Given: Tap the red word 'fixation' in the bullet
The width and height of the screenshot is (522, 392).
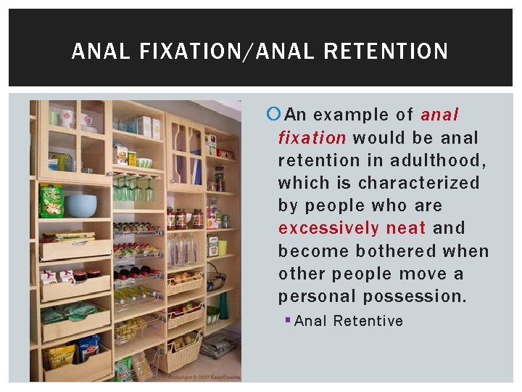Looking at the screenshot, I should click(312, 137).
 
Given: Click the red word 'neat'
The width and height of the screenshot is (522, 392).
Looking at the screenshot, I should click(406, 228).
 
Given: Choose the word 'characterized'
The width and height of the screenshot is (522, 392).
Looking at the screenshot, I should click(419, 183).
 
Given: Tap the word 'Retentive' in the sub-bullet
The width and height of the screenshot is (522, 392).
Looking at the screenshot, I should click(368, 321).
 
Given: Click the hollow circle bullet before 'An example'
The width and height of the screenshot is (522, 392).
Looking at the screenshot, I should click(273, 115).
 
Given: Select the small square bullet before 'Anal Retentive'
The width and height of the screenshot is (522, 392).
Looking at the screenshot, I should click(289, 321).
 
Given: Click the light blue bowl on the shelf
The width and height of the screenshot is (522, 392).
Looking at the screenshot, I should click(80, 205).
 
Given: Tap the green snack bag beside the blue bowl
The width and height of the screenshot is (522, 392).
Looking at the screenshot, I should click(51, 201).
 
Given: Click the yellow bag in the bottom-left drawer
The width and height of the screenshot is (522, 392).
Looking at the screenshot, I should click(62, 356).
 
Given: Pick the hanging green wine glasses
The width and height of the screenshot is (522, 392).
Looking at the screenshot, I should click(134, 190).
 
